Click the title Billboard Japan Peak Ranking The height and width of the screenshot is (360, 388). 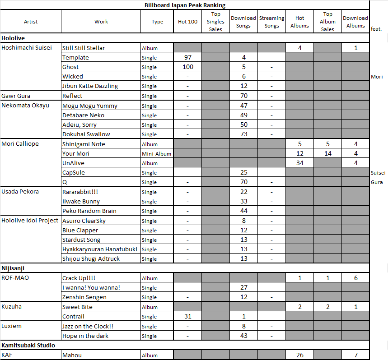point(185,5)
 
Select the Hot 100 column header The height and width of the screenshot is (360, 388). point(187,22)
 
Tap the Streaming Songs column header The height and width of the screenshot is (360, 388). point(271,22)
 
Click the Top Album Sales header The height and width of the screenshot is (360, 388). point(327,22)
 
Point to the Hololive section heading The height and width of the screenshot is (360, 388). point(13,38)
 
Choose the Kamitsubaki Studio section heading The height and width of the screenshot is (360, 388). point(28,345)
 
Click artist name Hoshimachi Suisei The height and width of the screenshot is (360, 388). point(27,47)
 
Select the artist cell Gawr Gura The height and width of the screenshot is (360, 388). point(16,96)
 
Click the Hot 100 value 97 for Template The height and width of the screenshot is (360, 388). point(187,57)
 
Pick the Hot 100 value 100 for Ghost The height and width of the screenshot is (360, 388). point(187,67)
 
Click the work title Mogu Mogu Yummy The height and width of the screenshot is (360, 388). point(90,106)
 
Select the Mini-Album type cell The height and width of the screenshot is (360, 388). point(156,154)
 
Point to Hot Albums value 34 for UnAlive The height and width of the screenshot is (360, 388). point(299,163)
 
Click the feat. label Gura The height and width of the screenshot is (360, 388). point(377,182)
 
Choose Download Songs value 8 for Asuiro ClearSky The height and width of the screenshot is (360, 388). point(243,221)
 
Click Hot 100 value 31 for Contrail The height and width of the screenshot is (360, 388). point(187,316)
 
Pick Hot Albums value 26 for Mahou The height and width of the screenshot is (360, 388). point(299,355)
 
